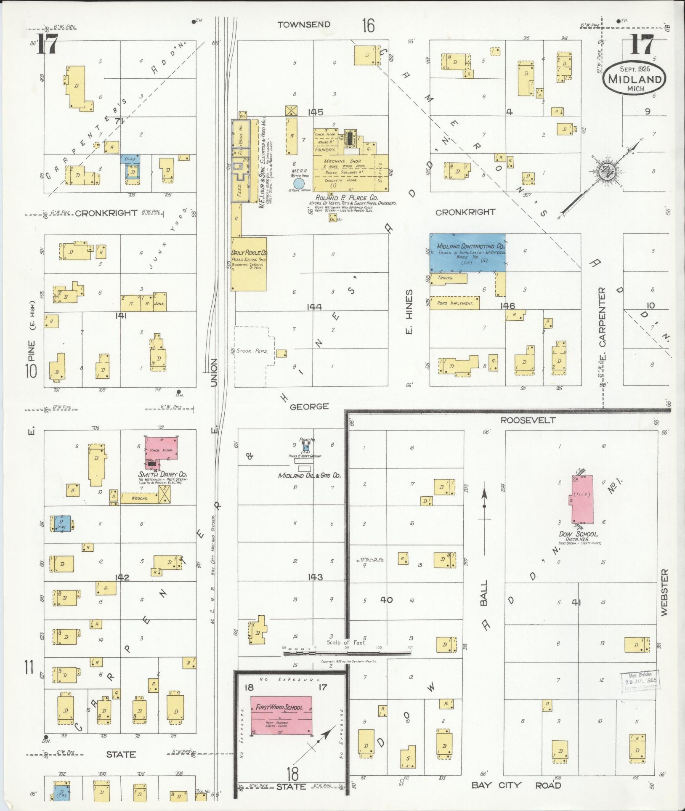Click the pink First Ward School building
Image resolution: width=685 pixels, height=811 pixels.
click(x=281, y=715)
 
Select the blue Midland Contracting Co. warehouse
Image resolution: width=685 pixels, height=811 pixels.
click(x=467, y=253)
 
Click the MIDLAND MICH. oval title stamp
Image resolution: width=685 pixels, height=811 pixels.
click(x=635, y=80)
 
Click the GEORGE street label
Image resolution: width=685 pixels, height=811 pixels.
click(x=309, y=406)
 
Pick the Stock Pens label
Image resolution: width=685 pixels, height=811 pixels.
click(x=250, y=350)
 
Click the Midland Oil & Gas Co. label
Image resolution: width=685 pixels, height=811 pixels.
click(x=309, y=476)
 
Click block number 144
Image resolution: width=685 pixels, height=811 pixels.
click(x=314, y=307)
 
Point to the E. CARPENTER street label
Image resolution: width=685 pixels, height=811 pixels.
click(x=602, y=323)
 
